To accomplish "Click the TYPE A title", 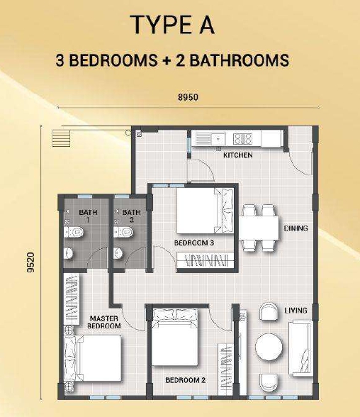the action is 174,25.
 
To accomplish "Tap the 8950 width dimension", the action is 188,97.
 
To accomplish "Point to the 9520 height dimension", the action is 31,262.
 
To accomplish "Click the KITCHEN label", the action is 238,155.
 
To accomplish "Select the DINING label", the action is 296,228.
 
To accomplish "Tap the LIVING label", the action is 296,311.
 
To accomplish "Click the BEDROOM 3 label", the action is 194,243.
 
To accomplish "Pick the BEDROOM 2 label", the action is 186,380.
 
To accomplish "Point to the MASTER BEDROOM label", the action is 104,322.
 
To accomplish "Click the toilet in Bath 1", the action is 73,232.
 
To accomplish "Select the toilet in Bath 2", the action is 123,232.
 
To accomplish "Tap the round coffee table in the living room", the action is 269,347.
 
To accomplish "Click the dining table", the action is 259,228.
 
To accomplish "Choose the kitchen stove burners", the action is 242,138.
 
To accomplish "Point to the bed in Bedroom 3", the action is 205,211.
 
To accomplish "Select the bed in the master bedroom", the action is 92,357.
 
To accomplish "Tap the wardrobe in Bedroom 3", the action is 206,260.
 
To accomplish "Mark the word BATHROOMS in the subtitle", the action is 239,60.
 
